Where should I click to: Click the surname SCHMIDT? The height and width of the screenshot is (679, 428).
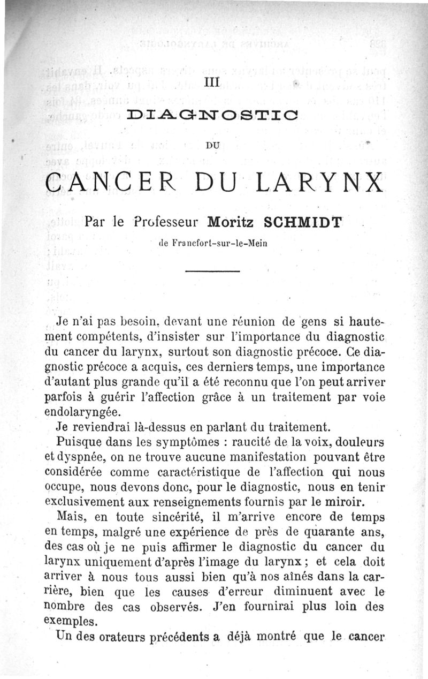click(x=303, y=221)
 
